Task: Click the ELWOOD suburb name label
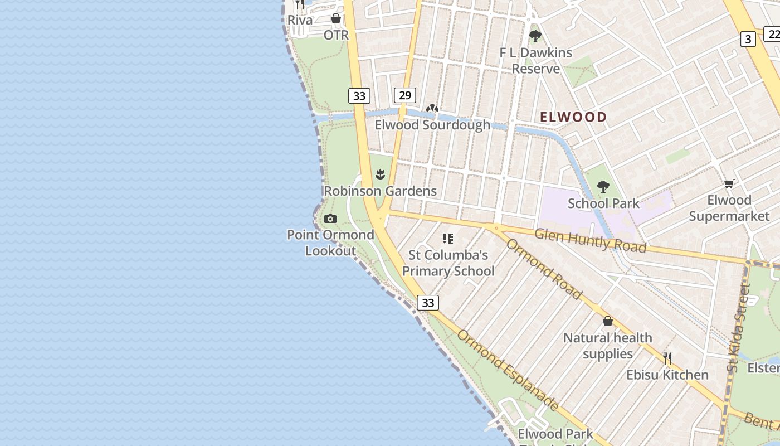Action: [573, 117]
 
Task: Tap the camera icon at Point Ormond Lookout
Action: [330, 219]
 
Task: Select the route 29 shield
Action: [405, 95]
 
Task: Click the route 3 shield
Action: [748, 39]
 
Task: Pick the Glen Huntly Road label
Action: [590, 240]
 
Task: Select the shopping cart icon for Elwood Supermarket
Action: [729, 183]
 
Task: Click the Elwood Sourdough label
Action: [432, 125]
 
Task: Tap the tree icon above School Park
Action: [603, 187]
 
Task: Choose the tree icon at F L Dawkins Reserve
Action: [535, 36]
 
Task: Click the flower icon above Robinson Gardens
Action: [381, 174]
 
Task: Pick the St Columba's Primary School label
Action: [448, 263]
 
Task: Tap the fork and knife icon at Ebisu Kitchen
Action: [667, 358]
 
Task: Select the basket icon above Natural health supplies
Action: [608, 322]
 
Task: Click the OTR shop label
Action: [336, 35]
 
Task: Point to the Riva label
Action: [300, 20]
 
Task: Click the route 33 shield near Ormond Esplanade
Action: [427, 303]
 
